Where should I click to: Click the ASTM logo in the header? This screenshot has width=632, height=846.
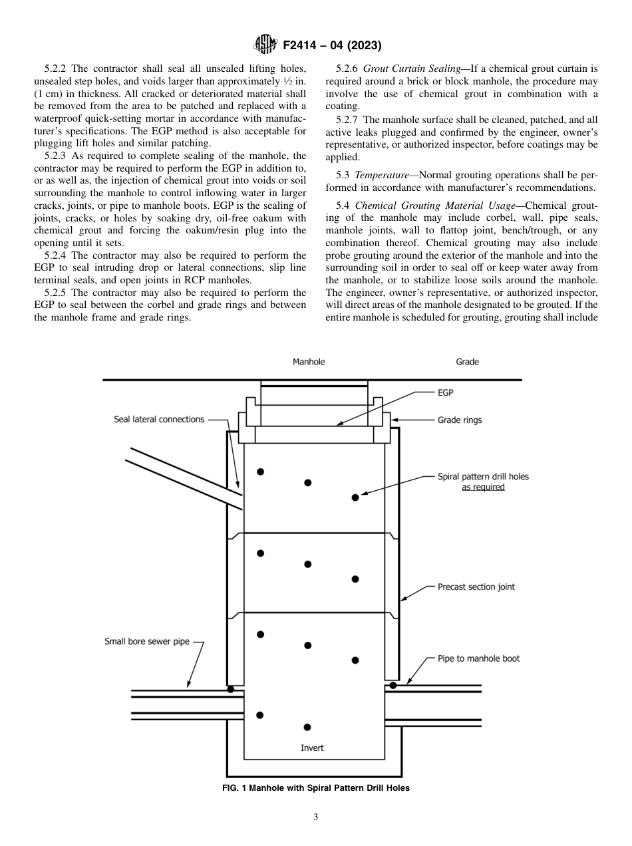pos(265,46)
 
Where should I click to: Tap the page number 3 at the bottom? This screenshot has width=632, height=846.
pos(316,817)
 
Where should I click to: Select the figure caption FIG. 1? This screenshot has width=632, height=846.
pos(315,788)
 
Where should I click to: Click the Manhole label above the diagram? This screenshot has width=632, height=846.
pos(309,362)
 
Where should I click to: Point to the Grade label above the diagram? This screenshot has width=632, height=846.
pos(467,362)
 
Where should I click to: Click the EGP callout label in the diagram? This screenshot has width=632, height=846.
pos(445,393)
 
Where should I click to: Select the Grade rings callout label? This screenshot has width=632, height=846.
pos(460,420)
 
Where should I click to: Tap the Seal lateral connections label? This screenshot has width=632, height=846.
pos(159,419)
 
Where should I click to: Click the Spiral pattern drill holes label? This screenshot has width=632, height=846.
pos(483,476)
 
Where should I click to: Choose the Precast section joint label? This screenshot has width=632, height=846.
pos(476,587)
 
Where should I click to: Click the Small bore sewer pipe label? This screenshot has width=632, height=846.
pos(146,642)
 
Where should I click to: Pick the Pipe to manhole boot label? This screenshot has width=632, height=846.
pos(478,658)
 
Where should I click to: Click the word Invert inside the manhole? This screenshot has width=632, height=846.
pos(312,748)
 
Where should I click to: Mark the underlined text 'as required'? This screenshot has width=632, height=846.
pos(483,487)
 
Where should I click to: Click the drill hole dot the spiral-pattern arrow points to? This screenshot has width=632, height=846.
pos(355,497)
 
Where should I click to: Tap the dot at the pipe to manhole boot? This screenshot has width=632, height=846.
pos(393,684)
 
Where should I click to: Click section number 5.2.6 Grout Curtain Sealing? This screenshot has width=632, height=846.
pos(349,69)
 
